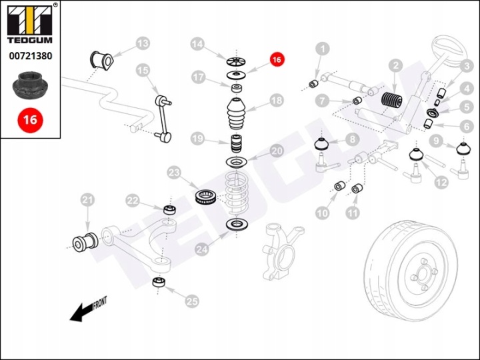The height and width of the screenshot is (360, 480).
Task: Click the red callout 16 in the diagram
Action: coord(277,59)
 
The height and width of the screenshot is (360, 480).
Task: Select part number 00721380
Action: coord(29,57)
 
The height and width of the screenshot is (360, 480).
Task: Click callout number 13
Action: coord(143,44)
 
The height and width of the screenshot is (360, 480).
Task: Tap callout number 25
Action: coord(192,301)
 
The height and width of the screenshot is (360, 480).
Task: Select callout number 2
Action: coord(396,65)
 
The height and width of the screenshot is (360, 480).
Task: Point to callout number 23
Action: coord(175,173)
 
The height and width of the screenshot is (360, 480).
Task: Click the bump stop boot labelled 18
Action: coord(236,116)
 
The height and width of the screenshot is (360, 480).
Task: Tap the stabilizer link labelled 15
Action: coord(163,119)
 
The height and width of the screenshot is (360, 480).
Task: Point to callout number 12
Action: coord(441,181)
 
